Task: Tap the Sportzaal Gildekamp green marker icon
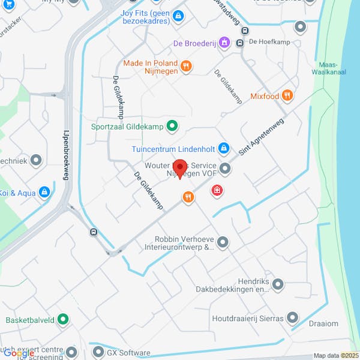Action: [172, 126]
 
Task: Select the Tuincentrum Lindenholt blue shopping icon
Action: [224, 148]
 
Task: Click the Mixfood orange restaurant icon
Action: [288, 95]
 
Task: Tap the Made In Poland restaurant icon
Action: [186, 67]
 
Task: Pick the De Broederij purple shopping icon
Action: [224, 43]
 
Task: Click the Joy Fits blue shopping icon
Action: [178, 16]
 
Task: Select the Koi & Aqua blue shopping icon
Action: [44, 192]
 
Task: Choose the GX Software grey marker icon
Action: [98, 352]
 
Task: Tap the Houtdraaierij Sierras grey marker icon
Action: [292, 318]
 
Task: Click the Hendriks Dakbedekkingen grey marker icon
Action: [277, 284]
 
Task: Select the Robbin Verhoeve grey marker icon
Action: [223, 242]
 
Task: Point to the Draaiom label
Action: [323, 323]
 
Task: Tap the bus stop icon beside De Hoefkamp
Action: [239, 43]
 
